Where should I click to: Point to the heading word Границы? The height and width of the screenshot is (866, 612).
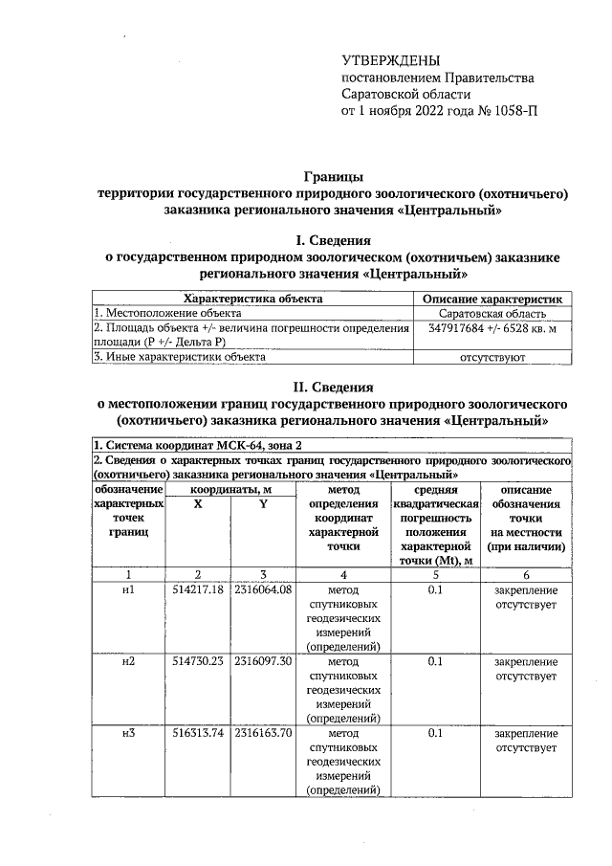[333, 176]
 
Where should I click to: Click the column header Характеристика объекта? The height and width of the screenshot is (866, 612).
[251, 299]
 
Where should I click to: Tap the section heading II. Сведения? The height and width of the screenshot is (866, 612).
[333, 387]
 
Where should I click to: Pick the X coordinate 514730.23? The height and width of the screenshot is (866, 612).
[198, 661]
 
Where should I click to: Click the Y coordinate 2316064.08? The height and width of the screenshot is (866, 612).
[262, 589]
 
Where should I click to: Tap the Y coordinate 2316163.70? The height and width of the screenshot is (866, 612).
[262, 733]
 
